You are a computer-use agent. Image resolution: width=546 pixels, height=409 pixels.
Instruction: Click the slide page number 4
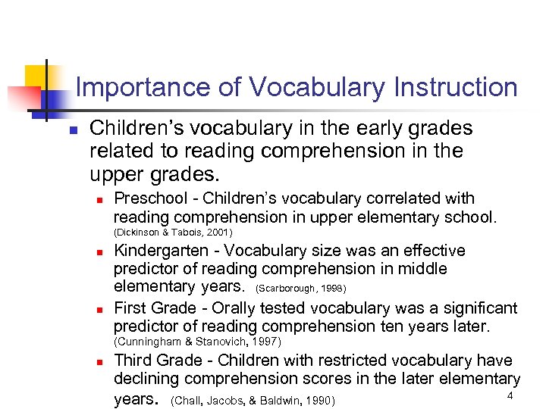510,397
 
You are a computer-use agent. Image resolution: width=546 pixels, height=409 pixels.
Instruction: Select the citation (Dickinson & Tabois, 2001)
173,233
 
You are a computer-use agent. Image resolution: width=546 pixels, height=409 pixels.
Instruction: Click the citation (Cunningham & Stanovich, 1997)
197,342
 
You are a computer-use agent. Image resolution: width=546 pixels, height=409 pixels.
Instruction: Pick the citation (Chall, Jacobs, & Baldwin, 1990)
253,400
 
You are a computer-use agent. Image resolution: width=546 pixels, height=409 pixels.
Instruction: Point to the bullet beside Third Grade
99,362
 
